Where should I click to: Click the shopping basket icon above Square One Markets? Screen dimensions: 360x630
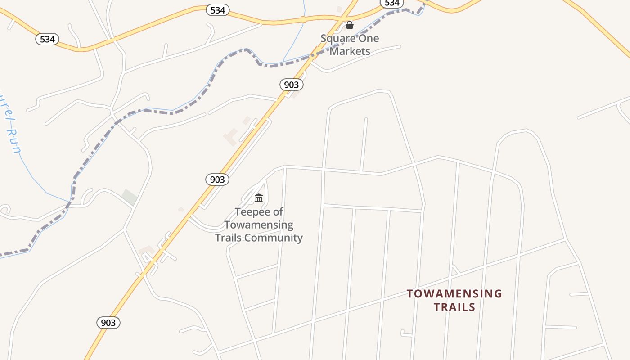click(x=350, y=25)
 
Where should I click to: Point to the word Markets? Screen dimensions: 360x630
click(x=350, y=51)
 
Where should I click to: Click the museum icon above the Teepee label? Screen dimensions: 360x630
click(x=259, y=198)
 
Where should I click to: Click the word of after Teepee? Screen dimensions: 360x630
click(x=279, y=212)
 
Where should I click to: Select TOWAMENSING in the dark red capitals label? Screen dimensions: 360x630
click(x=454, y=294)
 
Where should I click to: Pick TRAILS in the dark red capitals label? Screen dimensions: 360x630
click(x=454, y=307)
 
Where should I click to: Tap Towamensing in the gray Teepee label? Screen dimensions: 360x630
click(x=259, y=225)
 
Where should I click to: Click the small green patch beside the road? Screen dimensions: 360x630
click(x=130, y=197)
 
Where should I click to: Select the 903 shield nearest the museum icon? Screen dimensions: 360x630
click(x=217, y=180)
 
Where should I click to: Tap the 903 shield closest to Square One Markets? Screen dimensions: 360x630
click(x=292, y=84)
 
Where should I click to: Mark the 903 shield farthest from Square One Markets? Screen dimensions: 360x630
click(x=108, y=323)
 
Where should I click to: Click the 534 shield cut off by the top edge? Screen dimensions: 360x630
click(x=391, y=3)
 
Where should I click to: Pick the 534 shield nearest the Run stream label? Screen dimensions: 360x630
click(x=47, y=39)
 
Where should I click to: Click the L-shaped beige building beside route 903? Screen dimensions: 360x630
click(x=231, y=136)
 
